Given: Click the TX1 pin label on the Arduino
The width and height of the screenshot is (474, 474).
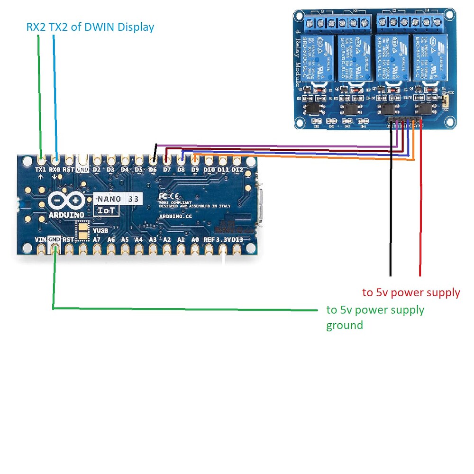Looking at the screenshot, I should coord(41,169).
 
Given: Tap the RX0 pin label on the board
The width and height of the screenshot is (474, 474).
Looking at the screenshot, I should coord(55,169).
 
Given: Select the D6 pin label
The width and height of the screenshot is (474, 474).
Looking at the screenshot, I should coord(153,169).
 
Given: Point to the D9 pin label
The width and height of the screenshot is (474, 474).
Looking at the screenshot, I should coord(195,169).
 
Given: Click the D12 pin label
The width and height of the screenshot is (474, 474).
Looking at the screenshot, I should coord(237,169).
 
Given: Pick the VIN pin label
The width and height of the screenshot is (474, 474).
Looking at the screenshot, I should coord(41,240).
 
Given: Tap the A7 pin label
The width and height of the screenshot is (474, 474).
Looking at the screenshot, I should coord(97,240).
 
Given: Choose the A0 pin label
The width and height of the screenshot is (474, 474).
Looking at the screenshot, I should coord(195,240).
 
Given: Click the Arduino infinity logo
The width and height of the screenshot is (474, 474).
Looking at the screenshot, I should coord(66,202).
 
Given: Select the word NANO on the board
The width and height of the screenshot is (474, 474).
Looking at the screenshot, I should coord(110,199).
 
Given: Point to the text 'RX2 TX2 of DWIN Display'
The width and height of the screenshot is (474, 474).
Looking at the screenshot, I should coord(90,27).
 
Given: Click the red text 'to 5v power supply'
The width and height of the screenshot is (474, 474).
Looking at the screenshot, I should coord(411,292).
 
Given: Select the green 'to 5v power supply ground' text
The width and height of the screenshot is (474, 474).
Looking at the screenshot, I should coord(374,317).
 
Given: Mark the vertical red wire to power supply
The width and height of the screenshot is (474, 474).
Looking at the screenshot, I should coord(420,213).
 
